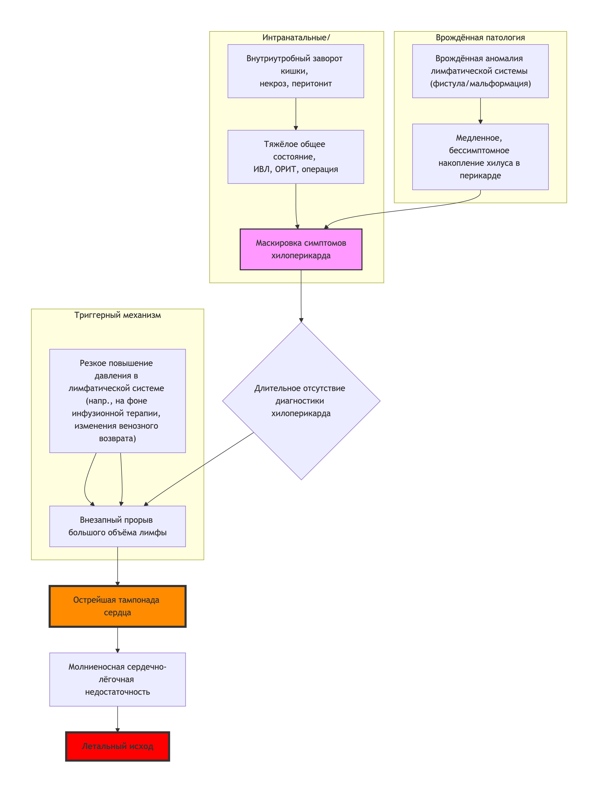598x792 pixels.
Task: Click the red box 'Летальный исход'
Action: pyautogui.click(x=117, y=746)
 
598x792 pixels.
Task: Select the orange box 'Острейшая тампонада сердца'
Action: pyautogui.click(x=117, y=606)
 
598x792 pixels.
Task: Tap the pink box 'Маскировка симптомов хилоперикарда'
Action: pyautogui.click(x=301, y=249)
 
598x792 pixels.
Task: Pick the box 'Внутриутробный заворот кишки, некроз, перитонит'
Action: pyautogui.click(x=296, y=71)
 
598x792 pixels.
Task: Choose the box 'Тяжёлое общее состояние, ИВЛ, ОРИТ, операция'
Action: pyautogui.click(x=296, y=157)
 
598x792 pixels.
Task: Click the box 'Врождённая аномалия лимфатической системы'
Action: pyautogui.click(x=480, y=71)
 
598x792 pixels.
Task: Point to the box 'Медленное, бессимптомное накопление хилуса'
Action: pyautogui.click(x=480, y=157)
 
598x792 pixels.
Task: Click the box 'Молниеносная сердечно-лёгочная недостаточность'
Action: pyautogui.click(x=117, y=679)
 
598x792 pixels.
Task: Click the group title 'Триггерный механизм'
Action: pyautogui.click(x=117, y=315)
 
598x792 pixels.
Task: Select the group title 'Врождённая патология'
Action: pyautogui.click(x=480, y=38)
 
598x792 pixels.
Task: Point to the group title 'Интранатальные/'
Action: pyautogui.click(x=296, y=38)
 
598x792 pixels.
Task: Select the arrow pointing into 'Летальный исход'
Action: pyautogui.click(x=117, y=719)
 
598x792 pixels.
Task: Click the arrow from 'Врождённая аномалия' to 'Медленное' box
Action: pyautogui.click(x=480, y=111)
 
